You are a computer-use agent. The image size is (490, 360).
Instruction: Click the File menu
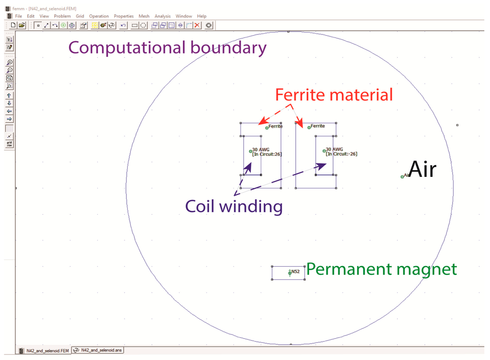[x=19, y=16]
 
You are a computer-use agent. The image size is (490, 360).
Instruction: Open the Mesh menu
[x=144, y=16]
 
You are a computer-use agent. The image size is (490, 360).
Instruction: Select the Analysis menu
[x=162, y=16]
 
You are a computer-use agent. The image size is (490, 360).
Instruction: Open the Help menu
[x=201, y=16]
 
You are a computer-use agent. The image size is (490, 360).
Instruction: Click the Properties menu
[x=123, y=16]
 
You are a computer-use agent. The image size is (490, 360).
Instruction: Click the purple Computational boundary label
[x=167, y=47]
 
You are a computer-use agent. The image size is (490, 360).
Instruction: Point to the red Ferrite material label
[x=334, y=95]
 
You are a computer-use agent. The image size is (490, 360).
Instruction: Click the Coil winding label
[x=234, y=206]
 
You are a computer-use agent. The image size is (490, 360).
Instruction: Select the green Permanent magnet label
[x=381, y=269]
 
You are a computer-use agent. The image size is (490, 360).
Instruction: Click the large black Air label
[x=423, y=170]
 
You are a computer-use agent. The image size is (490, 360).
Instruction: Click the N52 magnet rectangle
[x=288, y=273]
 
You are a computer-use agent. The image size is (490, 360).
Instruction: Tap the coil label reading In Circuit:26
[x=266, y=154]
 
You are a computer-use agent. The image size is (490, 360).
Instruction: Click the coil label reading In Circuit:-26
[x=342, y=154]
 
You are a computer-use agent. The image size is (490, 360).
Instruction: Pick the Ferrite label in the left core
[x=275, y=127]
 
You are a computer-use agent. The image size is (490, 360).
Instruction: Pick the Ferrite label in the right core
[x=317, y=126]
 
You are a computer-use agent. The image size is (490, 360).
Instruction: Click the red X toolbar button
[x=197, y=25]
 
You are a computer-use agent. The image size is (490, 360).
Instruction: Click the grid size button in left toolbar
[x=9, y=144]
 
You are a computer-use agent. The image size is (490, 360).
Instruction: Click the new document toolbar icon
[x=13, y=25]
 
